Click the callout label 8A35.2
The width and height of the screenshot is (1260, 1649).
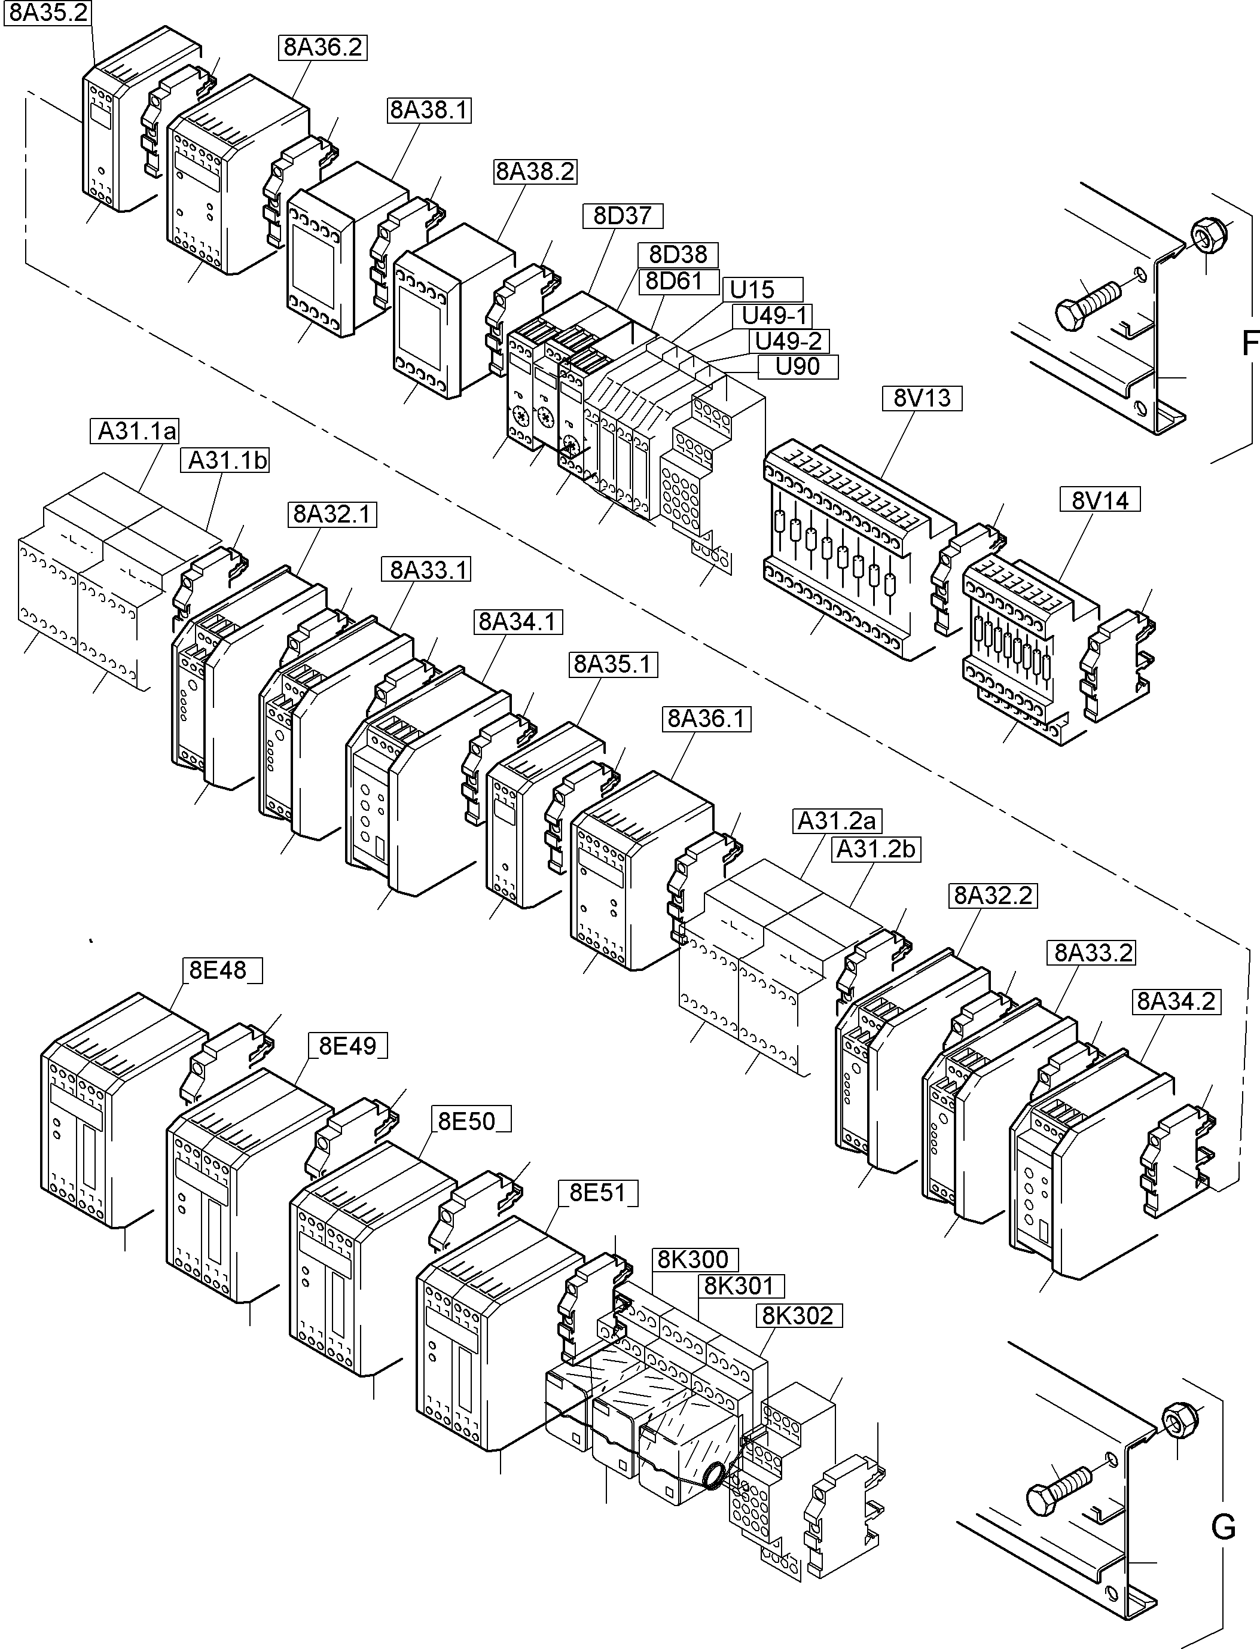tap(48, 14)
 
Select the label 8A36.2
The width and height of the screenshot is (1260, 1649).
tap(322, 47)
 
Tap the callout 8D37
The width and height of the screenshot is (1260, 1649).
tap(623, 216)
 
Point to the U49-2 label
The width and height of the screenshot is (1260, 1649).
tap(788, 341)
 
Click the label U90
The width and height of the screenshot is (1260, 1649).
tap(797, 367)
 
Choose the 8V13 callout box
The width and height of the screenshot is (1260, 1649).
tap(922, 398)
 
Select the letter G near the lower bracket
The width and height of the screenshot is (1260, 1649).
tap(1224, 1527)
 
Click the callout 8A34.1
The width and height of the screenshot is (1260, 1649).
tap(517, 622)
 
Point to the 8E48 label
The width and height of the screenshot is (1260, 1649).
tap(218, 970)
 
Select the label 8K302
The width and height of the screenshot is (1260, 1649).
tap(797, 1315)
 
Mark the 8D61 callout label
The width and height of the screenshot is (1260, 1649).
tap(673, 281)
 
